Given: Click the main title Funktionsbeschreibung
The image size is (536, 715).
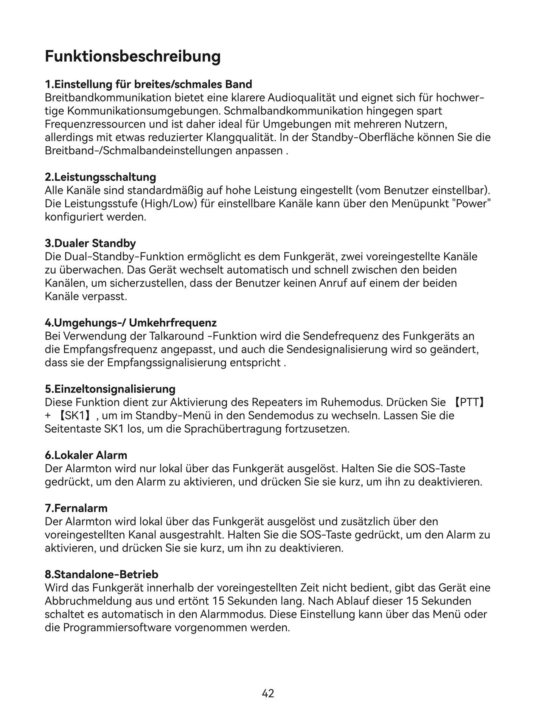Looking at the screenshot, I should click(133, 56).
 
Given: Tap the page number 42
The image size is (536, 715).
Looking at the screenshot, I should click(268, 693).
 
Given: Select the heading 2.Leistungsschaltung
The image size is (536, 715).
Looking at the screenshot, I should click(100, 177).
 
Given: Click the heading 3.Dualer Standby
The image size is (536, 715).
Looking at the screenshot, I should click(90, 243).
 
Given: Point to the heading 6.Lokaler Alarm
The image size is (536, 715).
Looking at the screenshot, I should click(86, 455).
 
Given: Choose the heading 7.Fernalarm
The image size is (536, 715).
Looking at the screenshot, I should click(76, 508).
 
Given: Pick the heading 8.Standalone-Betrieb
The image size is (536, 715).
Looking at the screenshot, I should click(101, 574).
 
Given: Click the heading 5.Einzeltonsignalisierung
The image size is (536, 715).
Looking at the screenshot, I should click(110, 389).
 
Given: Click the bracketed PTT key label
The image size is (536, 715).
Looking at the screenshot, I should click(469, 402).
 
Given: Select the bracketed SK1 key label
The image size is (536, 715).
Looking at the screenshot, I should click(74, 416).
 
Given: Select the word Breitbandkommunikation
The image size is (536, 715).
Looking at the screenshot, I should click(108, 98).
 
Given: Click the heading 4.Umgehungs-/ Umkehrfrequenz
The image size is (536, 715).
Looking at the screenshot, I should click(131, 323).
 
